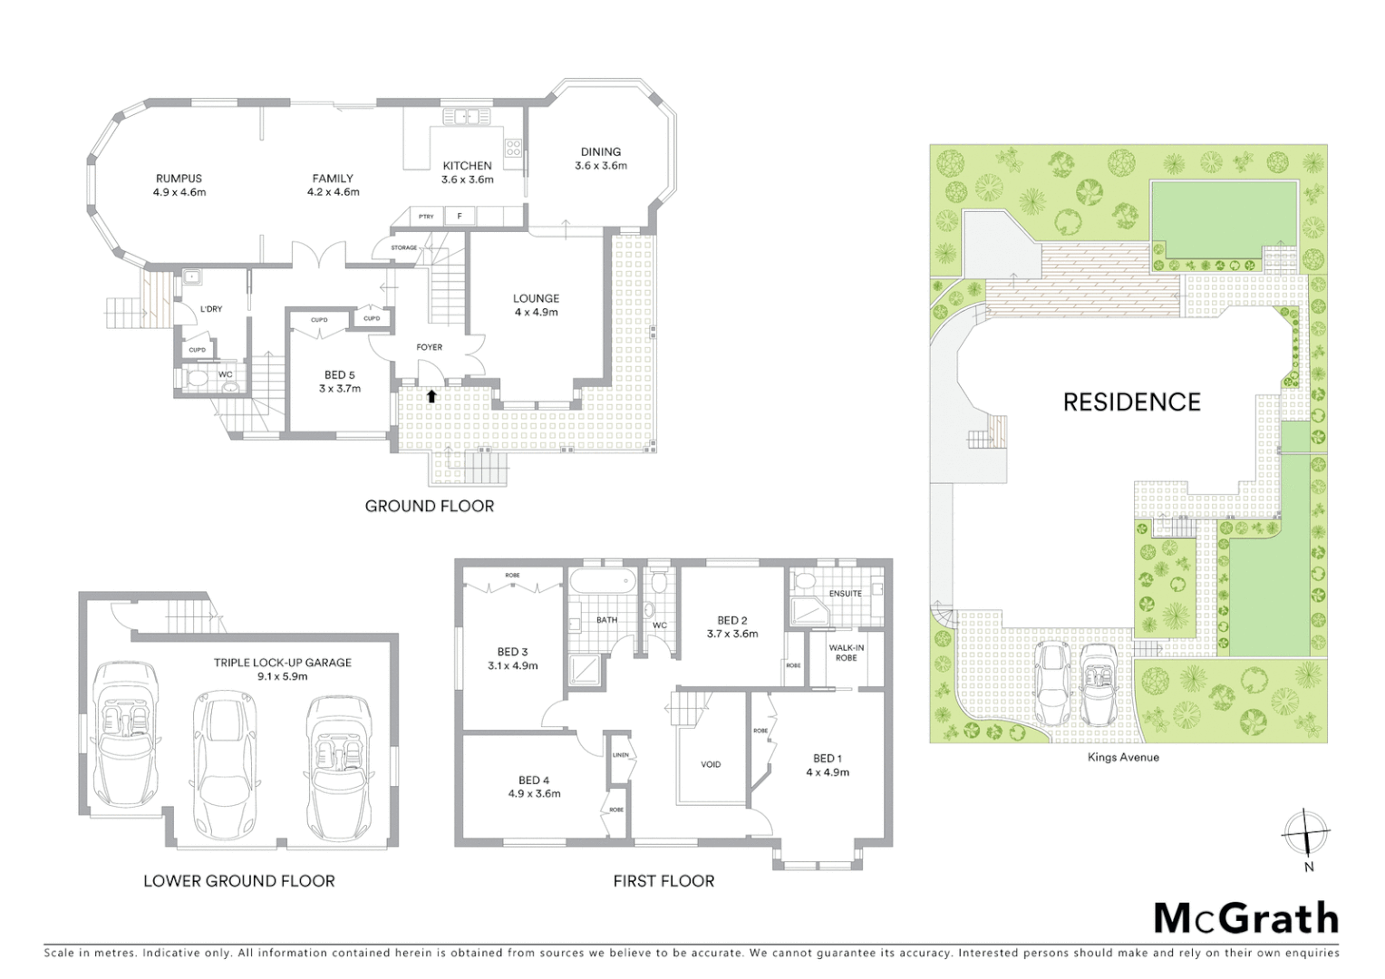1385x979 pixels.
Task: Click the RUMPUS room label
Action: click(x=179, y=179)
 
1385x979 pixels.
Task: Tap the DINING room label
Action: click(x=601, y=152)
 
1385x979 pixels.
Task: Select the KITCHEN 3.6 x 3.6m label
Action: click(x=467, y=172)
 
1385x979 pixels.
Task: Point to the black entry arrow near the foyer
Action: click(x=431, y=395)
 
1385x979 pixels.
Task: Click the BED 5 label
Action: click(x=340, y=375)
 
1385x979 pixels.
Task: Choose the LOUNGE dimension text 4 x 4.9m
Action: click(x=536, y=312)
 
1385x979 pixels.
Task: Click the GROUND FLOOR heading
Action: click(x=430, y=506)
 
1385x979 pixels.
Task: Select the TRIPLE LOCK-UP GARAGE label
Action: click(x=283, y=663)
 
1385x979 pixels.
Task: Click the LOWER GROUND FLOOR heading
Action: click(x=239, y=880)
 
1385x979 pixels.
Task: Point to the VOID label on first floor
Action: click(x=711, y=764)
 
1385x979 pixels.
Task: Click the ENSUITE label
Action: click(x=845, y=594)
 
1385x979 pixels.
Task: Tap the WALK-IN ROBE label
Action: click(x=846, y=653)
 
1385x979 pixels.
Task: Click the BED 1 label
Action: click(x=828, y=759)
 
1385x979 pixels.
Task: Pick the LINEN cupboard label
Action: click(x=621, y=754)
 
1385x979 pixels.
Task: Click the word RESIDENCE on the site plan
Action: click(x=1131, y=402)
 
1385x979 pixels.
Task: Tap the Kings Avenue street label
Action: click(x=1123, y=757)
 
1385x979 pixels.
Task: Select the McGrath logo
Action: click(x=1245, y=918)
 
